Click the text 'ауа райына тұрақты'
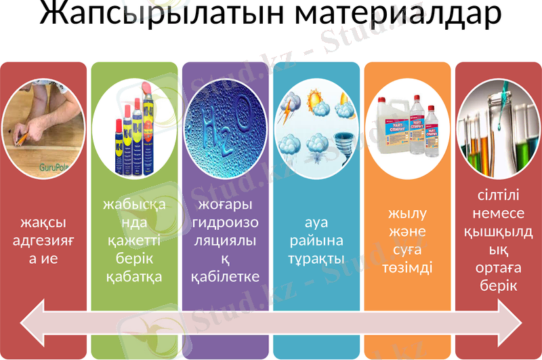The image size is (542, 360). [x=316, y=240]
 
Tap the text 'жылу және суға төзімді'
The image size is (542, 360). [x=407, y=240]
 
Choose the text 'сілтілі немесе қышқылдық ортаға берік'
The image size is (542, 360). [x=498, y=240]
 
